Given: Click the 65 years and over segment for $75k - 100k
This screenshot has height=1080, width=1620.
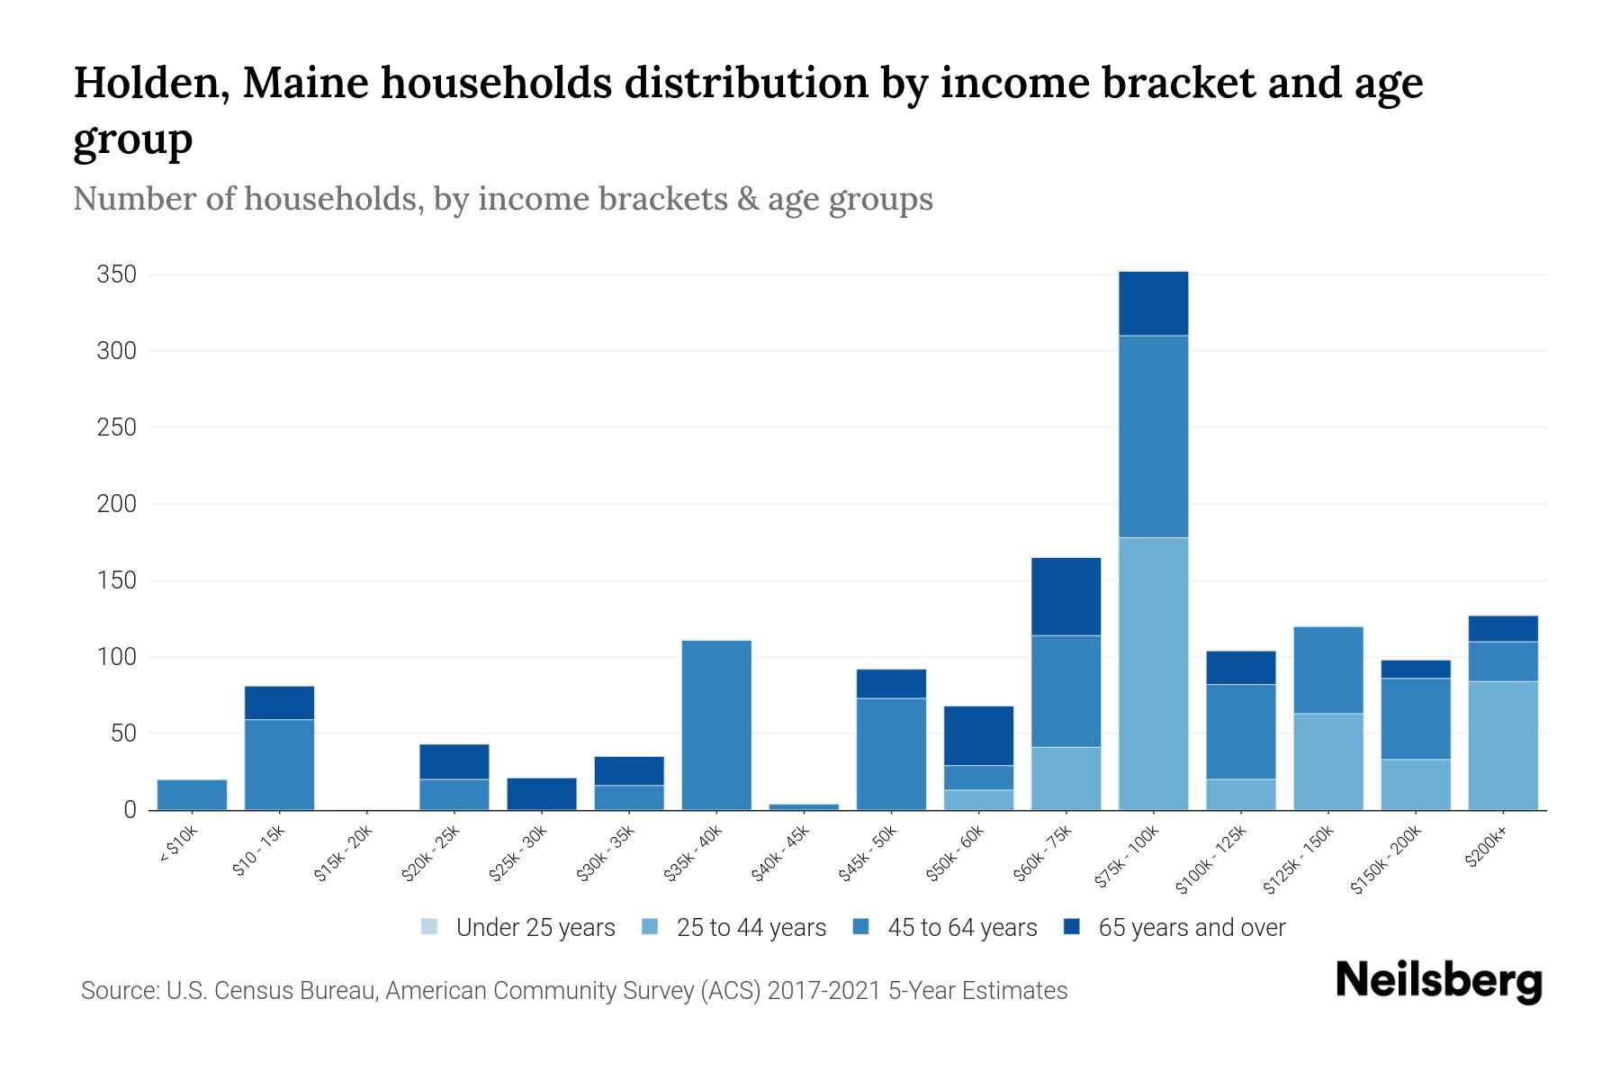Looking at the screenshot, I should pyautogui.click(x=1153, y=303).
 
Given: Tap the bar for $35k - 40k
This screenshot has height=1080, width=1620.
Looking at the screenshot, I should pyautogui.click(x=716, y=724).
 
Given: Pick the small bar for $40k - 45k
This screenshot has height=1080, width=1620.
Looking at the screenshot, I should pyautogui.click(x=804, y=806).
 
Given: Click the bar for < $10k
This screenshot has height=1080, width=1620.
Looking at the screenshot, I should pyautogui.click(x=192, y=795).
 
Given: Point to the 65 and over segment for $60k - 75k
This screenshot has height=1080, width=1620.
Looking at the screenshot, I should pyautogui.click(x=1066, y=597).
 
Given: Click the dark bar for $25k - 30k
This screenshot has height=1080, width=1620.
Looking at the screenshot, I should pyautogui.click(x=542, y=794).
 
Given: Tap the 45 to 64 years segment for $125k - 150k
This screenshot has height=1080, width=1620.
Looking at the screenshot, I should pyautogui.click(x=1328, y=670).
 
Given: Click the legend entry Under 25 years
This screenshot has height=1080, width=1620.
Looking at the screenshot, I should pyautogui.click(x=535, y=928).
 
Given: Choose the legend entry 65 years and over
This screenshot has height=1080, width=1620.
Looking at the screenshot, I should pyautogui.click(x=1191, y=928).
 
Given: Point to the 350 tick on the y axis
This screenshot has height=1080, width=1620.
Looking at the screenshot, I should pyautogui.click(x=116, y=274).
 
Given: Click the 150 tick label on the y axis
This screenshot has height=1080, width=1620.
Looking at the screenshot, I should pyautogui.click(x=116, y=580).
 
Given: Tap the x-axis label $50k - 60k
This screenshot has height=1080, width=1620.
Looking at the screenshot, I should pyautogui.click(x=957, y=853).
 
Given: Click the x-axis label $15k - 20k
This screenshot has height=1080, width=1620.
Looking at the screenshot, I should pyautogui.click(x=344, y=853).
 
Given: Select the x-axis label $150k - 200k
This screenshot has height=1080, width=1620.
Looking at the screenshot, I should pyautogui.click(x=1387, y=859).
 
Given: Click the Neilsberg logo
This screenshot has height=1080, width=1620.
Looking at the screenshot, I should pyautogui.click(x=1438, y=981).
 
